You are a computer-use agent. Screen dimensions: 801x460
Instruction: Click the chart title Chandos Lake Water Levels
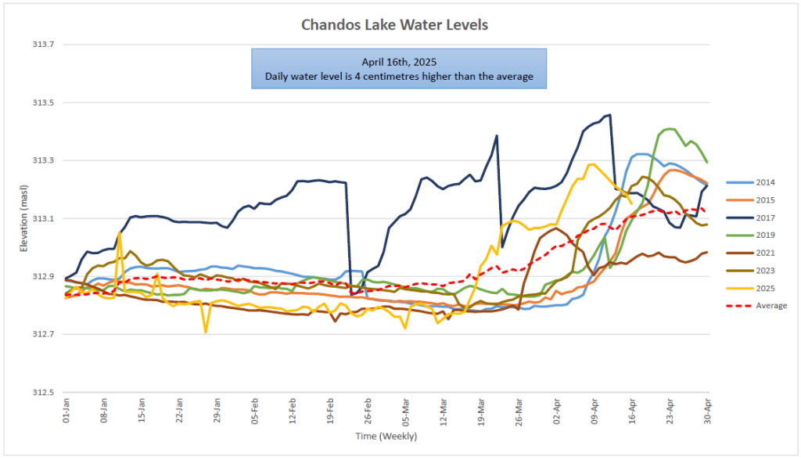[x=394, y=24]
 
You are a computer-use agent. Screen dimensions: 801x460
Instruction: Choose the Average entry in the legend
[x=756, y=306]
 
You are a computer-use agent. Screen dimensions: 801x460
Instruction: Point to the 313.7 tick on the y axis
[x=44, y=45]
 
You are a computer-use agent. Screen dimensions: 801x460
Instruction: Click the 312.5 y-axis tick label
[x=44, y=393]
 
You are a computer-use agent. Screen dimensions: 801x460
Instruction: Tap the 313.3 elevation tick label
[x=44, y=160]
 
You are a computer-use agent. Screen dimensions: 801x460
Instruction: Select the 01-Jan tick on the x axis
[x=66, y=411]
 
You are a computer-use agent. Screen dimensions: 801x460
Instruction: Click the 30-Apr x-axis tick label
[x=707, y=411]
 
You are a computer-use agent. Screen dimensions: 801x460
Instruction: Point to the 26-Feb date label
[x=368, y=411]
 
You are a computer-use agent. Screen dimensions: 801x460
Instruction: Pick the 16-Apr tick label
[x=632, y=411]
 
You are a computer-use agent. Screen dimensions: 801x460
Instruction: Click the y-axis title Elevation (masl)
[x=23, y=218]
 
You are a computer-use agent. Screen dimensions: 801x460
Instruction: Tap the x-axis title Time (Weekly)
[x=386, y=436]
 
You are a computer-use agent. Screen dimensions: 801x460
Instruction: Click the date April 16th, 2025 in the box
[x=399, y=63]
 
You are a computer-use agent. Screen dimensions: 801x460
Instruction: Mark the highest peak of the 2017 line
[x=610, y=115]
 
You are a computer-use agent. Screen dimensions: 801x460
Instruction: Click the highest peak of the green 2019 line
[x=670, y=129]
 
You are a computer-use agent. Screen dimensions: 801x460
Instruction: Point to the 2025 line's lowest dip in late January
[x=206, y=332]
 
